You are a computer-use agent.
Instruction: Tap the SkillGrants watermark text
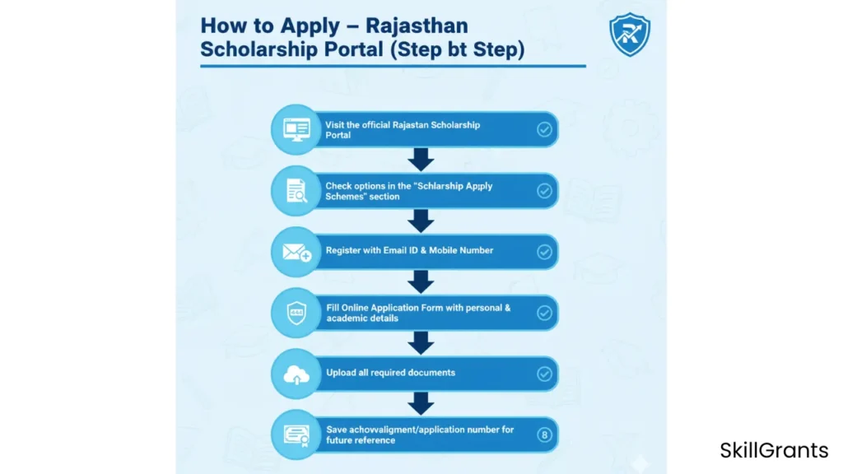[x=774, y=450]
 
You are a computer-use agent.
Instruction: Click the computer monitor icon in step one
[x=296, y=129]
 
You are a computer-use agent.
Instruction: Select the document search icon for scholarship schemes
[x=296, y=191]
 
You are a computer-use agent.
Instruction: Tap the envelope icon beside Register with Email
[x=296, y=252]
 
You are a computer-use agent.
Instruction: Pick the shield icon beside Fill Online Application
[x=296, y=313]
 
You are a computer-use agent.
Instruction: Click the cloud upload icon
[x=296, y=374]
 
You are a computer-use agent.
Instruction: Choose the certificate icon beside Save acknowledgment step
[x=296, y=434]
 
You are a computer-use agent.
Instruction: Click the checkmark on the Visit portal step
[x=544, y=129]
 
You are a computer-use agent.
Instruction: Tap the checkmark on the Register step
[x=544, y=252]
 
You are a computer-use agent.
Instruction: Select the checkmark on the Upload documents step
[x=544, y=374]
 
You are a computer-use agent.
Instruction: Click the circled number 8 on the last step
[x=544, y=434]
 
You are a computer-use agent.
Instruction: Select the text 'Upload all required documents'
[x=390, y=373]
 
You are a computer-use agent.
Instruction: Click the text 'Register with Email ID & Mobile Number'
[x=409, y=250]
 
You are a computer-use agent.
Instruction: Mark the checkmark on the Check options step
[x=544, y=191]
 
